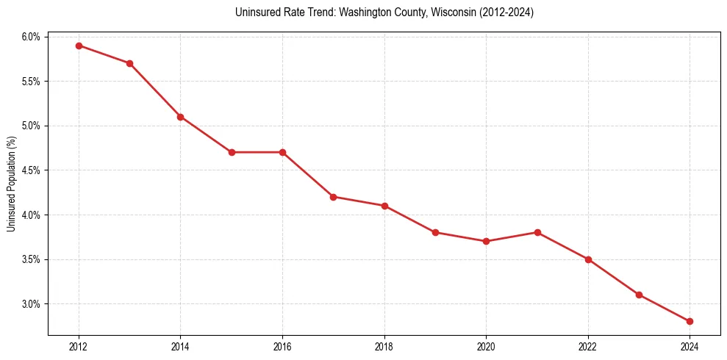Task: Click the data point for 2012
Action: pos(79,46)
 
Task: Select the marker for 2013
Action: pos(129,63)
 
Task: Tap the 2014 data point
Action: pos(180,117)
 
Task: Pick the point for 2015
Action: pos(232,152)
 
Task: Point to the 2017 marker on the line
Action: pos(333,197)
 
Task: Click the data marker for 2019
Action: pos(435,232)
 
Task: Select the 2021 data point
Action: pos(537,232)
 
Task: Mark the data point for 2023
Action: pos(639,295)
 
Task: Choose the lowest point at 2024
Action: pos(690,321)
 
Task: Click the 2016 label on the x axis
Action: pos(282,347)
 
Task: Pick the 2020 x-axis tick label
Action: pos(486,347)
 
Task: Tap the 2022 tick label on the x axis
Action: pos(588,347)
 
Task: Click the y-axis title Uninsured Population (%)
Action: pos(11,184)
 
